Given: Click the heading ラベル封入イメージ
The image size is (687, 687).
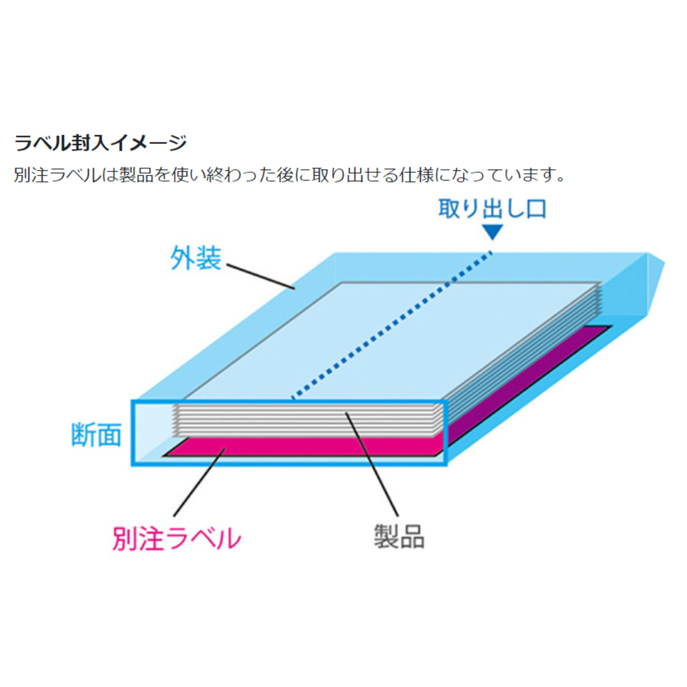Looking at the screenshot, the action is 101,143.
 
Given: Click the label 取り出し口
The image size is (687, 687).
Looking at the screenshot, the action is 492,209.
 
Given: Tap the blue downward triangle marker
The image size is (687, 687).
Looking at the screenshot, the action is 492,232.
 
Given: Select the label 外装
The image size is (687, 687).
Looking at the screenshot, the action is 195,258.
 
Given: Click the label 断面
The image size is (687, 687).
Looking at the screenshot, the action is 97,434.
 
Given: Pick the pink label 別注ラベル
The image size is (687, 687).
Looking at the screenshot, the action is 177,538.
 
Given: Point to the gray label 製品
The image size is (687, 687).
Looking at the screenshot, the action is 399,536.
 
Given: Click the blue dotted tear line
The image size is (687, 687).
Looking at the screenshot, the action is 392,325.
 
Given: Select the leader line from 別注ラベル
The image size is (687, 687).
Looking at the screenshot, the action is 199,482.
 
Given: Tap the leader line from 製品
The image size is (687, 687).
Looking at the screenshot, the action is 372,464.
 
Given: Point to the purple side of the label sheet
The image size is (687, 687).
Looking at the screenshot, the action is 526,385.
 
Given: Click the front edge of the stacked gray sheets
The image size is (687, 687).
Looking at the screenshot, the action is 307,420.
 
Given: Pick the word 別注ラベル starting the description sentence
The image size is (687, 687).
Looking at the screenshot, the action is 57,175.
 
